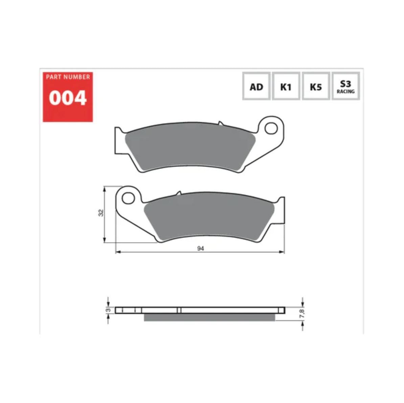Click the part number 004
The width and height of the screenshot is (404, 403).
[x=68, y=98]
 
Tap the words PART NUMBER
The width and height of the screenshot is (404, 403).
[x=68, y=77]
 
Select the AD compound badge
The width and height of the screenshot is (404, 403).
[x=256, y=87]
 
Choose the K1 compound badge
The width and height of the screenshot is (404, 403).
[x=286, y=87]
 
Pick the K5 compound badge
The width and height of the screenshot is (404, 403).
[x=315, y=87]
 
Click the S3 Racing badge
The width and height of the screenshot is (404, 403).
[x=345, y=87]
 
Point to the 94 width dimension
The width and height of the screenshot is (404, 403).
[x=201, y=248]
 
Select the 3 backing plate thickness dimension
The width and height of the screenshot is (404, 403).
[x=108, y=310]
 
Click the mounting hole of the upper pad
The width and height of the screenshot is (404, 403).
[x=271, y=128]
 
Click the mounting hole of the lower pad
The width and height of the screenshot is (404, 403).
[x=128, y=198]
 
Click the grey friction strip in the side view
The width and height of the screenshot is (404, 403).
[x=210, y=317]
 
